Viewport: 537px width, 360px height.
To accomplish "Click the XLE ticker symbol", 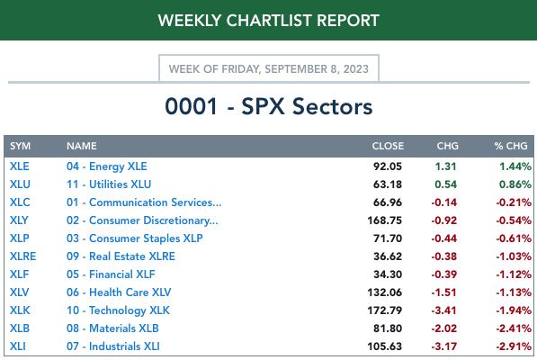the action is tap(20, 166).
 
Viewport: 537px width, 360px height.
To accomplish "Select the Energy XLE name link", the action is tap(106, 166).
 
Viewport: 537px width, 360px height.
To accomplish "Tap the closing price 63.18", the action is tap(388, 184).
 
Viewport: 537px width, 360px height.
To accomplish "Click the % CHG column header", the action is tap(511, 146).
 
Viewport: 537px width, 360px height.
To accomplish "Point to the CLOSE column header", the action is tap(388, 146).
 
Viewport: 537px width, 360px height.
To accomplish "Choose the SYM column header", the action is tap(20, 146).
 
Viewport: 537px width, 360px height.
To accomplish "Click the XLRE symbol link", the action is tap(23, 256).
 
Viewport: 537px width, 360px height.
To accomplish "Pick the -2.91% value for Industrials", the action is tap(514, 346).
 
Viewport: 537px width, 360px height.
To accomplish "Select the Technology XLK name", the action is tap(118, 310).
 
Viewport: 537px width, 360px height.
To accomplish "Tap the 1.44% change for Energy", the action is tap(515, 166).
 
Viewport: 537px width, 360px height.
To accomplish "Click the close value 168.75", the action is tap(385, 220).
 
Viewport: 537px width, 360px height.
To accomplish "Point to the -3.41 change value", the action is tap(443, 310).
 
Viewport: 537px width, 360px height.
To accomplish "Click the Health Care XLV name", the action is tap(119, 292).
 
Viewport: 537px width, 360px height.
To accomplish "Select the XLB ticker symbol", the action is tap(20, 328).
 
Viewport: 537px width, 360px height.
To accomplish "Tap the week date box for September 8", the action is tap(268, 68).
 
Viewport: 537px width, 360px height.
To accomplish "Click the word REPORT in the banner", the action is tap(347, 21).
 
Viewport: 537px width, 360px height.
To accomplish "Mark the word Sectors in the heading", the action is tap(332, 106).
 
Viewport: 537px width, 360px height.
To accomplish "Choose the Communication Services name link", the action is tap(144, 202).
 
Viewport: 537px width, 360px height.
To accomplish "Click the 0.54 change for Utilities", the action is tap(445, 184).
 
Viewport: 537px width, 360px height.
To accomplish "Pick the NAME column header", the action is tap(82, 146).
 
